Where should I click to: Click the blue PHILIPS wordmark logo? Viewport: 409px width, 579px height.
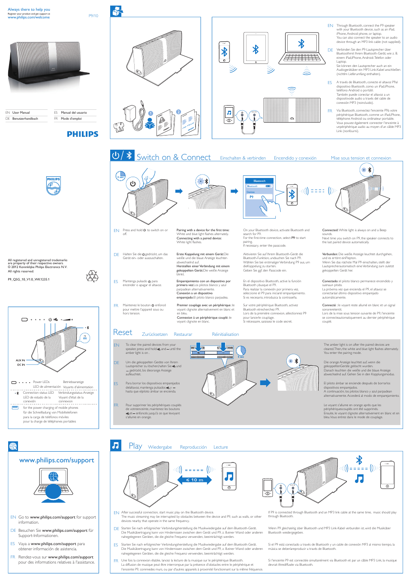coord(82,134)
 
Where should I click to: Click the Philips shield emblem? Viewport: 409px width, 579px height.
coord(54,186)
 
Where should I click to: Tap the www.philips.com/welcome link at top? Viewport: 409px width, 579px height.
coord(28,18)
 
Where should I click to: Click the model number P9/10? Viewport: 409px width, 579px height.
coord(93,16)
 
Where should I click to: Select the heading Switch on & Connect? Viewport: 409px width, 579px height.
coord(174,157)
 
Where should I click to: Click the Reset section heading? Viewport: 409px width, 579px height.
coord(123,332)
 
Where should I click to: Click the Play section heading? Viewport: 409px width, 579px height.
coord(135,446)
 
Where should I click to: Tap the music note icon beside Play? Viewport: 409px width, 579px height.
coord(116,445)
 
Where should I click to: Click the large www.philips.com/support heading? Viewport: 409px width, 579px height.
coord(57,460)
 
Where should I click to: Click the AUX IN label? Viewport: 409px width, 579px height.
coord(20,360)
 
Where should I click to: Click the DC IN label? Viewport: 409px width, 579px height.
coord(21,365)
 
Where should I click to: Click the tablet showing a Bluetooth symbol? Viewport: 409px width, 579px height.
coord(256,48)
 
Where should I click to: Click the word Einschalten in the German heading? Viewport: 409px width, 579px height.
coord(231,158)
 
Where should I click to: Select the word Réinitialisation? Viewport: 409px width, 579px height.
coord(225,335)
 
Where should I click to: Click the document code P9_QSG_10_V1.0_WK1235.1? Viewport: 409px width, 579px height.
coord(29,279)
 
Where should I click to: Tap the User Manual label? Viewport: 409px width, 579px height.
coord(21,113)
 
